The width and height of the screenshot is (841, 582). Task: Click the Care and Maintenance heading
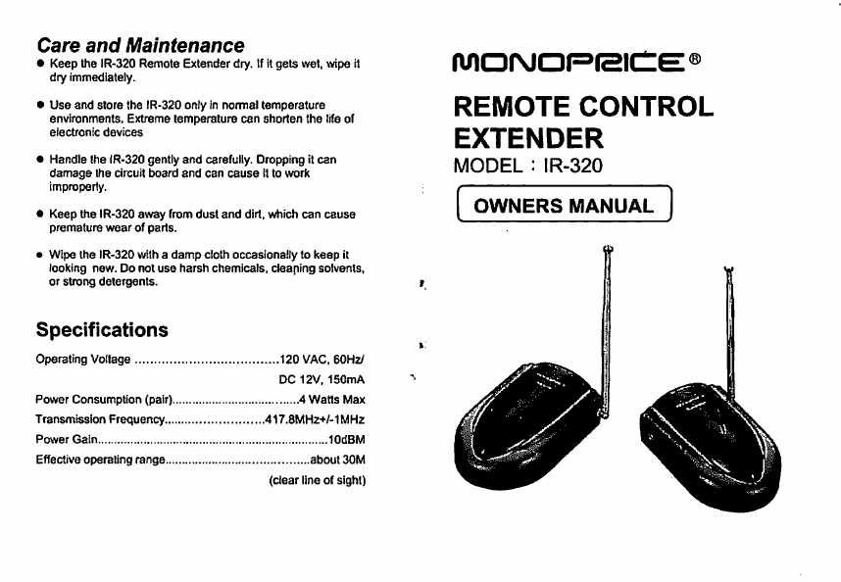[x=140, y=45]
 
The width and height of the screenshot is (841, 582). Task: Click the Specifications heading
[x=102, y=329]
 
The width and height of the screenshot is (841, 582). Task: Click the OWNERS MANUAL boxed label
[x=564, y=206]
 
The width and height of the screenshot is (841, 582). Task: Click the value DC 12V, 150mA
[x=322, y=379]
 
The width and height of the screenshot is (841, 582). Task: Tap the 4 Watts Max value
[x=331, y=400]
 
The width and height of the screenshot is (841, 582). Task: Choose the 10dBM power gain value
[x=346, y=440]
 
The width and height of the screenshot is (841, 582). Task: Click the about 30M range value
[x=337, y=460]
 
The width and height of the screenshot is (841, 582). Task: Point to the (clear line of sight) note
[x=317, y=480]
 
